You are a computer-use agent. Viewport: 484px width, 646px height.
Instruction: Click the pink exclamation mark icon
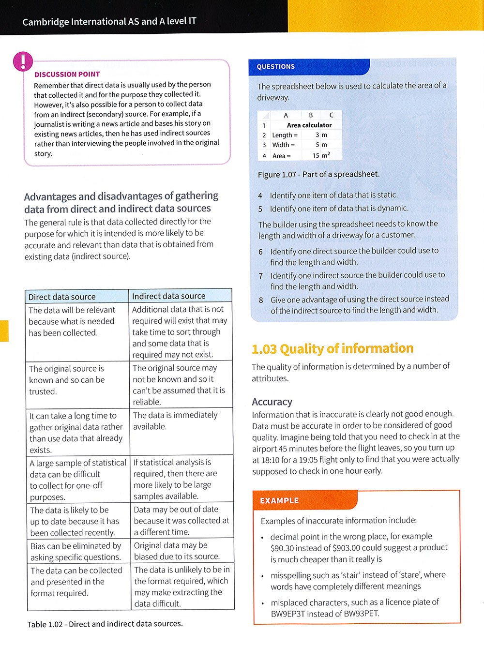[x=23, y=61]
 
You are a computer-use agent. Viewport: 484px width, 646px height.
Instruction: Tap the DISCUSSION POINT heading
[x=67, y=75]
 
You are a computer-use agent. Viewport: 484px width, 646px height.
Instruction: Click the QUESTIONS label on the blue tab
[x=275, y=67]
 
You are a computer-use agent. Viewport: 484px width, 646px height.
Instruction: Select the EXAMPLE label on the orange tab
[x=279, y=501]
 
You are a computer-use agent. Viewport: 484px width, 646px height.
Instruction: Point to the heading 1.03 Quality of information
[x=333, y=349]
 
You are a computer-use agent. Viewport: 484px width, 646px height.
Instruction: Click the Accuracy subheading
[x=272, y=402]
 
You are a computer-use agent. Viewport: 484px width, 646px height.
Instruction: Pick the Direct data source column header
[x=62, y=297]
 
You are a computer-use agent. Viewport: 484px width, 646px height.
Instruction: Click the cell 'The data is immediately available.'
[x=175, y=421]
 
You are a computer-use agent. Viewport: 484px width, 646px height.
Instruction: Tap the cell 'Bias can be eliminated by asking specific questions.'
[x=76, y=551]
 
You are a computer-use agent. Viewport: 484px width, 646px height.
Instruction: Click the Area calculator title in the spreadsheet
[x=309, y=125]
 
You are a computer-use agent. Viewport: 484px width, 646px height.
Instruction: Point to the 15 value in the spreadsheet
[x=316, y=156]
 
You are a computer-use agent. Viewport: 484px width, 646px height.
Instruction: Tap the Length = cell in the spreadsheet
[x=285, y=135]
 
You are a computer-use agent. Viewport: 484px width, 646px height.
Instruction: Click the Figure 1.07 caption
[x=318, y=174]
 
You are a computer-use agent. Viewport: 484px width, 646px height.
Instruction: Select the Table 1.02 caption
[x=105, y=624]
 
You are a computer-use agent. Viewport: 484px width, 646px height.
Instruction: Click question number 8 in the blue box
[x=261, y=300]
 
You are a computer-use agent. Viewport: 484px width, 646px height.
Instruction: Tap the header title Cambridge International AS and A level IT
[x=109, y=22]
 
